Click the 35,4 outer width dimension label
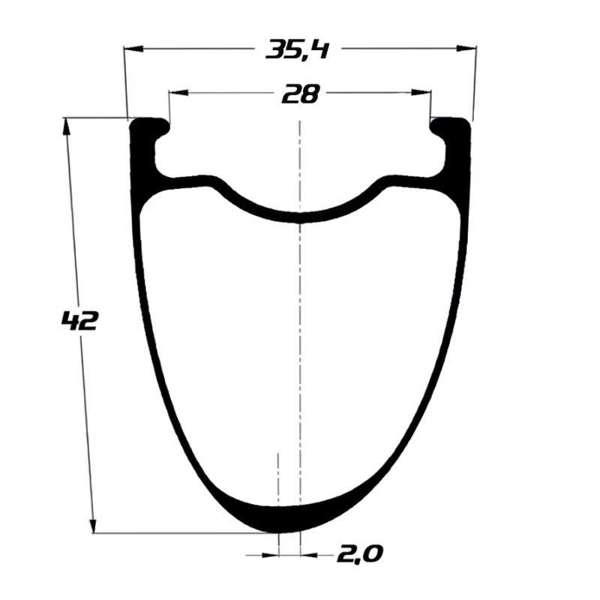(297, 49)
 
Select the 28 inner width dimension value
(300, 94)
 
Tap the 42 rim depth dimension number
(79, 321)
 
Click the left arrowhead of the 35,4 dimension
(133, 49)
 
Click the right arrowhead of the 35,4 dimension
(466, 48)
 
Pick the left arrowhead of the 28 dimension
(178, 92)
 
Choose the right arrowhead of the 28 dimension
(421, 92)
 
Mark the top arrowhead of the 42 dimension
(66, 126)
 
